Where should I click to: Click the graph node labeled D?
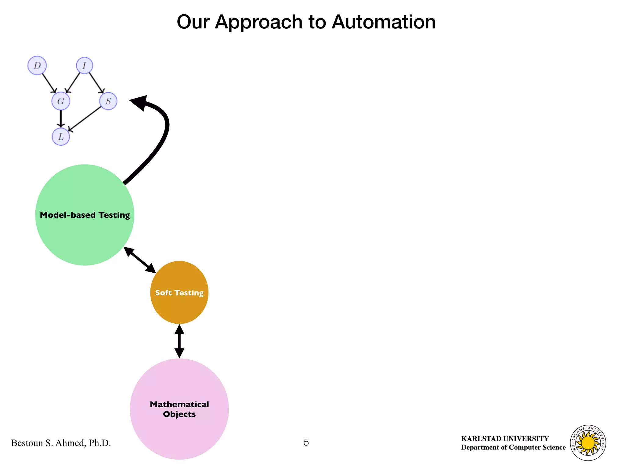pos(37,65)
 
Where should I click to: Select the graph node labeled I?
pos(84,65)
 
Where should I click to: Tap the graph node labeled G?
pos(61,101)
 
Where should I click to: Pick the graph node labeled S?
pos(108,101)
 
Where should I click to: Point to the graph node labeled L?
pos(61,136)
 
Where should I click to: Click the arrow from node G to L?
pos(61,118)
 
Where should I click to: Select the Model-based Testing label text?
pos(85,215)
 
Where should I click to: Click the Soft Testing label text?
pos(179,293)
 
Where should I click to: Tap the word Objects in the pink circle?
pos(179,414)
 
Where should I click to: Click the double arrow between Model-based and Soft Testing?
pos(140,260)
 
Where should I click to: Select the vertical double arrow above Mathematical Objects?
pos(179,341)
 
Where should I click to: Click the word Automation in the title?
pos(384,22)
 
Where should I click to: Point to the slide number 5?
pos(306,442)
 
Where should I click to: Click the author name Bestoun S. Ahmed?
pos(61,443)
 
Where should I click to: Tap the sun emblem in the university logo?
pos(588,443)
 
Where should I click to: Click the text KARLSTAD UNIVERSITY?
pos(505,438)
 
